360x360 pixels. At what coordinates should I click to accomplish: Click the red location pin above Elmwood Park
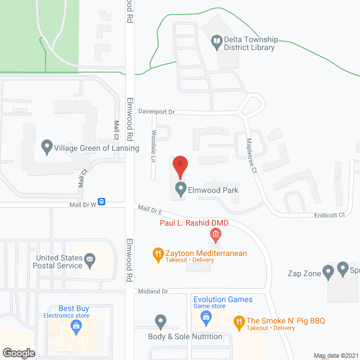pos(180,166)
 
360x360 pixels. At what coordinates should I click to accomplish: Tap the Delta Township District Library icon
pos(217,40)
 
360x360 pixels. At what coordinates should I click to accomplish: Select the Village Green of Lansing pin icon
pos(47,148)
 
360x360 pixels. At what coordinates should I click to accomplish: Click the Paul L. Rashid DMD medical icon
pos(215,233)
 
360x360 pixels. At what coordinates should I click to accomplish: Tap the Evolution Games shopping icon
pos(206,318)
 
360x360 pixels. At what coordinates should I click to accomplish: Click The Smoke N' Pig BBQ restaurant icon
pos(239,322)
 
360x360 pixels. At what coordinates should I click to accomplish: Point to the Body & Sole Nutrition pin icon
pos(160,322)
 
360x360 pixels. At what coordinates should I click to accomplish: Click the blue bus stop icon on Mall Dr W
pos(102,201)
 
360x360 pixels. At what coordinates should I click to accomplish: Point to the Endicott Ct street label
pos(330,214)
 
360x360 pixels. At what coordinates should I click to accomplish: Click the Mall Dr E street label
pos(150,210)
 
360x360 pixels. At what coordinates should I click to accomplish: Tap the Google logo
pos(19,353)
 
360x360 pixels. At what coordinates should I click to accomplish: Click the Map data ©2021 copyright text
pos(335,355)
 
